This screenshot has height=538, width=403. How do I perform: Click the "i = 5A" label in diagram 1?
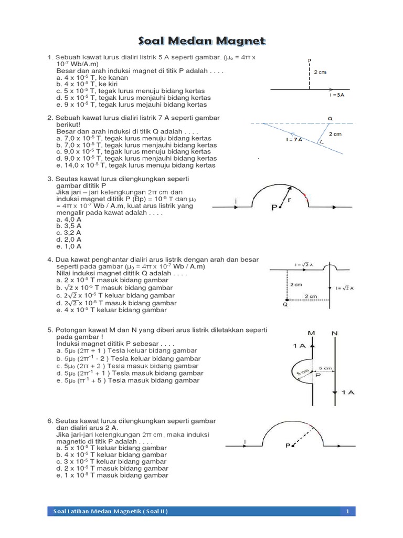pos(338,96)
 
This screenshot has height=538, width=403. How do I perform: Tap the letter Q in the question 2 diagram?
pos(330,118)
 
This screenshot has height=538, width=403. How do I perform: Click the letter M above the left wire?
pos(312,334)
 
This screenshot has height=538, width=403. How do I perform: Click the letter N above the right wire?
pos(334,334)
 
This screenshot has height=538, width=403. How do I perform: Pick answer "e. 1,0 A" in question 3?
pos(68,246)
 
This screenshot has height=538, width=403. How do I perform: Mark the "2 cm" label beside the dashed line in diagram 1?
pos(320,72)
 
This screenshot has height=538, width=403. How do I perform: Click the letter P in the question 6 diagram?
pos(288,446)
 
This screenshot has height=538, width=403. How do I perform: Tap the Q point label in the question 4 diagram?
pos(285,304)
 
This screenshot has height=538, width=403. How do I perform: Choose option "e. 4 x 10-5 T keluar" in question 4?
pos(111,310)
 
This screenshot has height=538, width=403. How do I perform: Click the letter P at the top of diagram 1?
pos(310,60)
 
